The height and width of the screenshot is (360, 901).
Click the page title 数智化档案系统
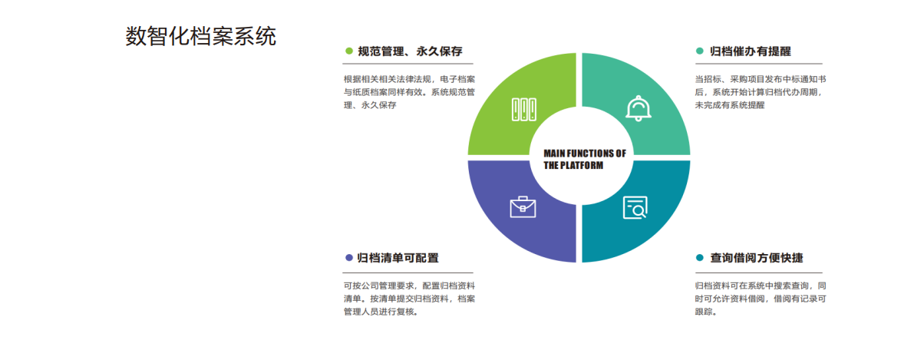pos(200,36)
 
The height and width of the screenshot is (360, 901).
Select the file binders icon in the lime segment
pos(523,109)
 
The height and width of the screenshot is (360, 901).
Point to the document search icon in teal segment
pos(635,207)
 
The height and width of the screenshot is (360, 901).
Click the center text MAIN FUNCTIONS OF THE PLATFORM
pos(584,160)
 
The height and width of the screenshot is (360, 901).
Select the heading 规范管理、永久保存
pos(411,51)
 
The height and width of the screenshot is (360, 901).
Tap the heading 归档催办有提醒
pos(751,51)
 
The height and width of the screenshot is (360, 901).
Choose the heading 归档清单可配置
pos(398,258)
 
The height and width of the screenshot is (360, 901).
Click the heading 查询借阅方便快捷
pos(756,258)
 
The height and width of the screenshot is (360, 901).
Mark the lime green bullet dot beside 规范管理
pos(348,51)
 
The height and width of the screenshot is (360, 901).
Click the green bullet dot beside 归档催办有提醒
pos(699,51)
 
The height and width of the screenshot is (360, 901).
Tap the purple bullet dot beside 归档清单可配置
pos(348,258)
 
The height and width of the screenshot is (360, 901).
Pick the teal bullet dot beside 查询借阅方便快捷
pos(699,258)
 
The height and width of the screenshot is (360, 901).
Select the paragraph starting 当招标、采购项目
pos(761,92)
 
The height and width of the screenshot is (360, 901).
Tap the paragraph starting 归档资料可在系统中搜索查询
pos(761,299)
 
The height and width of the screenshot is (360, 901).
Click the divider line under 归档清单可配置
pos(408,272)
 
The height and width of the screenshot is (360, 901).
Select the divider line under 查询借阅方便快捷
pos(758,272)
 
